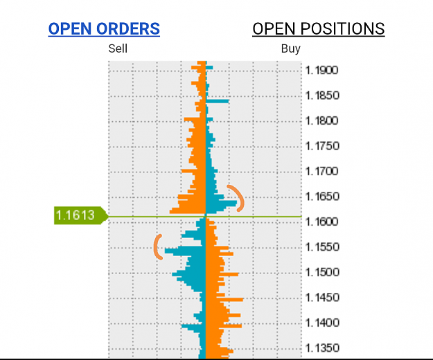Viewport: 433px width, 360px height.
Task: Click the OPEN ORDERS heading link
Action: [104, 28]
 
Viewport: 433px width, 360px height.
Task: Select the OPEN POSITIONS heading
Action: [319, 28]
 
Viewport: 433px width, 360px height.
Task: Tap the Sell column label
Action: [118, 48]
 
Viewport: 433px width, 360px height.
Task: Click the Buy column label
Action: [290, 48]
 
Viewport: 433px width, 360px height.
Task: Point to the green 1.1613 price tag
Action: [81, 215]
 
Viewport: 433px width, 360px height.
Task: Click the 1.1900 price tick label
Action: [321, 71]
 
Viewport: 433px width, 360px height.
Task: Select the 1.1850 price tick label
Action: [322, 96]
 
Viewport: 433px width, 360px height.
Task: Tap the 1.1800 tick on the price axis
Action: [321, 121]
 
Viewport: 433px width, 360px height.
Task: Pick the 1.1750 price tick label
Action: [322, 146]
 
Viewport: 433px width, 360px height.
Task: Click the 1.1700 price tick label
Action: [321, 171]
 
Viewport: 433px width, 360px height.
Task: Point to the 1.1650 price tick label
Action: [322, 197]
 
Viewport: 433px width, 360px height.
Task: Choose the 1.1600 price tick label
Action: [321, 222]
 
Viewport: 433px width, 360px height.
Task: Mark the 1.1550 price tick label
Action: [322, 247]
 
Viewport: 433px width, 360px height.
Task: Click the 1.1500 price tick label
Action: [321, 272]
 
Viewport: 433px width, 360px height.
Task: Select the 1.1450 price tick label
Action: [322, 298]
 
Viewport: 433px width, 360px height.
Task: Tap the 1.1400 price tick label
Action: [322, 323]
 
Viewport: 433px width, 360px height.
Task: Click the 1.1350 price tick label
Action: [322, 348]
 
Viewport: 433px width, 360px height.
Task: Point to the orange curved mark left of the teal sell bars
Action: [155, 246]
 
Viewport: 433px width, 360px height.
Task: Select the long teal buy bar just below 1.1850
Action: [218, 101]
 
